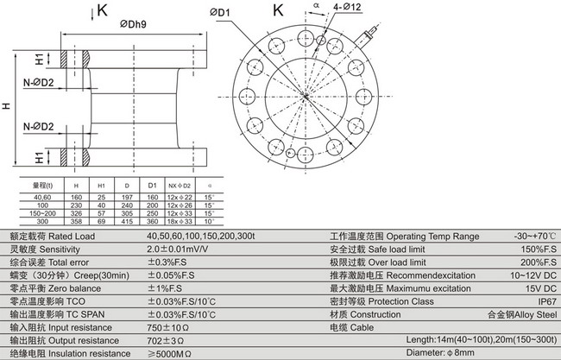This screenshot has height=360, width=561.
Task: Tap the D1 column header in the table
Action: pyautogui.click(x=152, y=186)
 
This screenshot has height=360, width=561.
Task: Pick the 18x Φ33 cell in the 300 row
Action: pyautogui.click(x=179, y=222)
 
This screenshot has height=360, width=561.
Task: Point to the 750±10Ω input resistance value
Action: pyautogui.click(x=167, y=328)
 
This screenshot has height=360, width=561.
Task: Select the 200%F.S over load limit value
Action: pyautogui.click(x=535, y=262)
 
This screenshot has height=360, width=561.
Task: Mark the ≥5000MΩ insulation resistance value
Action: pyautogui.click(x=170, y=354)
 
